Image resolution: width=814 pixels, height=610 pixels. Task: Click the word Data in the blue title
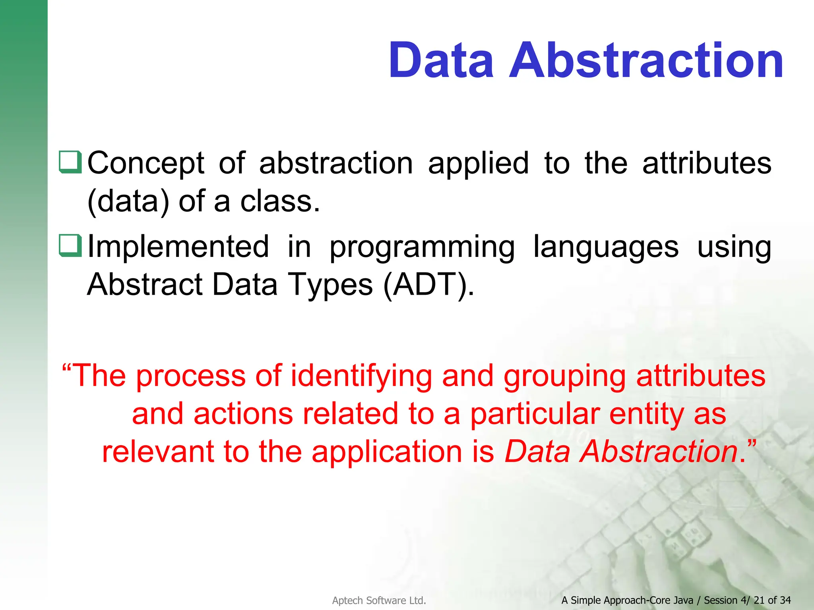441,61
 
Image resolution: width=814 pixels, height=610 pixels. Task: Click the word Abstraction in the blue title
646,61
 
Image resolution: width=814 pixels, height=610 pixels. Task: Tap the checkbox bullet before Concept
70,162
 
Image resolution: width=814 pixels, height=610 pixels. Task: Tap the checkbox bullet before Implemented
70,245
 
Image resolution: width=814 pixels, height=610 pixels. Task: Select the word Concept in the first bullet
146,164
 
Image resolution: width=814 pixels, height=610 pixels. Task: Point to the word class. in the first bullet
280,201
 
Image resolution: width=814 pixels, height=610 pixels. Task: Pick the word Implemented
178,246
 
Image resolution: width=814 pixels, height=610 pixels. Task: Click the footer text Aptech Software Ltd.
379,600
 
